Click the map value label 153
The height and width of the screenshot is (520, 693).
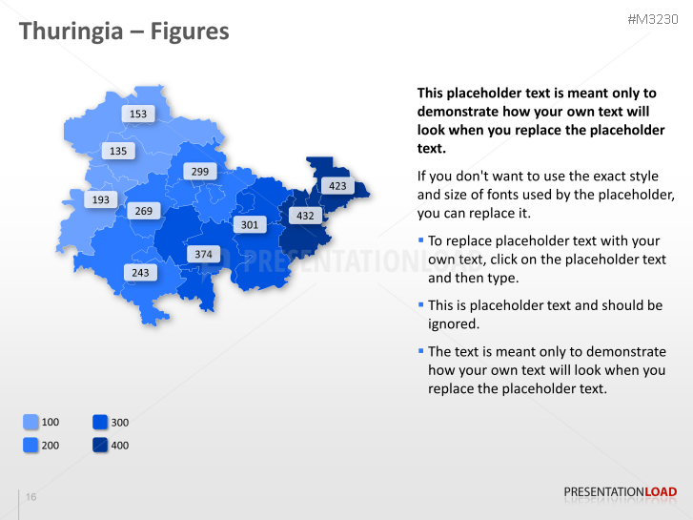click(x=138, y=114)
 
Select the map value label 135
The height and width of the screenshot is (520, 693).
click(x=118, y=151)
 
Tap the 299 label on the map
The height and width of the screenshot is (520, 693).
click(x=200, y=172)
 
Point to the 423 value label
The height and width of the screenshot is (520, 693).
click(x=337, y=186)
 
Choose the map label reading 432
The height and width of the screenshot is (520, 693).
click(x=305, y=216)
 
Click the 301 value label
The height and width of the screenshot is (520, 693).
click(x=249, y=225)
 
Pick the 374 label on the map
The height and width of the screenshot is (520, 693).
click(x=204, y=254)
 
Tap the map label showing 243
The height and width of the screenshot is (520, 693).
click(x=140, y=273)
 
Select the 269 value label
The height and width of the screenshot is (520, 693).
click(x=143, y=211)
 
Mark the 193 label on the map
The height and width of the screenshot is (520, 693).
click(x=100, y=199)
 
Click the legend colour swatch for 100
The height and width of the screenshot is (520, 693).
click(x=31, y=422)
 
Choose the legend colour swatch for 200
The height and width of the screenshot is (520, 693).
click(x=31, y=445)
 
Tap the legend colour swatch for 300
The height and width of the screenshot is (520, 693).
click(x=100, y=422)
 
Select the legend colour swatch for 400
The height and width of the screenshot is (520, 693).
click(x=100, y=445)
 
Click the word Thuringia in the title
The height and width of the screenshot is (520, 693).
click(x=70, y=31)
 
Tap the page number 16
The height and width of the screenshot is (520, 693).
click(x=31, y=497)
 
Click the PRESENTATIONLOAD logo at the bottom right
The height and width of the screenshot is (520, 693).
click(x=620, y=492)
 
